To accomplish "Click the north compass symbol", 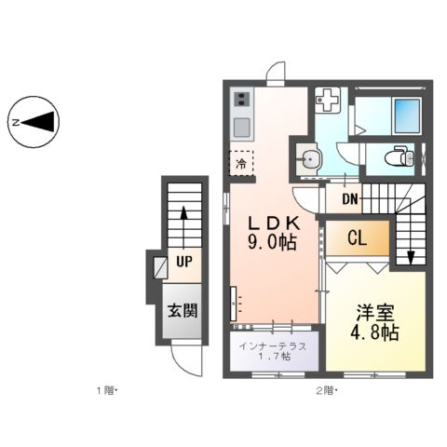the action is (34, 122).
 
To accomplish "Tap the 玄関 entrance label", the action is (183, 310).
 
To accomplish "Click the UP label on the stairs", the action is (184, 262).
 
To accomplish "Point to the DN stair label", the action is (350, 199).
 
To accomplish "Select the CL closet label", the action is (357, 238).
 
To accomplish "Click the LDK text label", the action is (274, 223).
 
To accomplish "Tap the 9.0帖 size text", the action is (272, 242).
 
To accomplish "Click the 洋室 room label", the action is (375, 313).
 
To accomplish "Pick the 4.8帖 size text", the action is (374, 332).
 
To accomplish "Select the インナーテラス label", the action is (273, 346).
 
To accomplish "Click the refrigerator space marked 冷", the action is (241, 163).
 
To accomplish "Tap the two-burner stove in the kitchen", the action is (241, 100).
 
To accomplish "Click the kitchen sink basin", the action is (242, 128).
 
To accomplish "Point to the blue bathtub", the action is (407, 116).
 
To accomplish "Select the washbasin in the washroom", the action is (309, 159).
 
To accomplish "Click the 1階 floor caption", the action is (106, 390).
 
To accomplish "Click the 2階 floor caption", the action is (327, 390).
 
